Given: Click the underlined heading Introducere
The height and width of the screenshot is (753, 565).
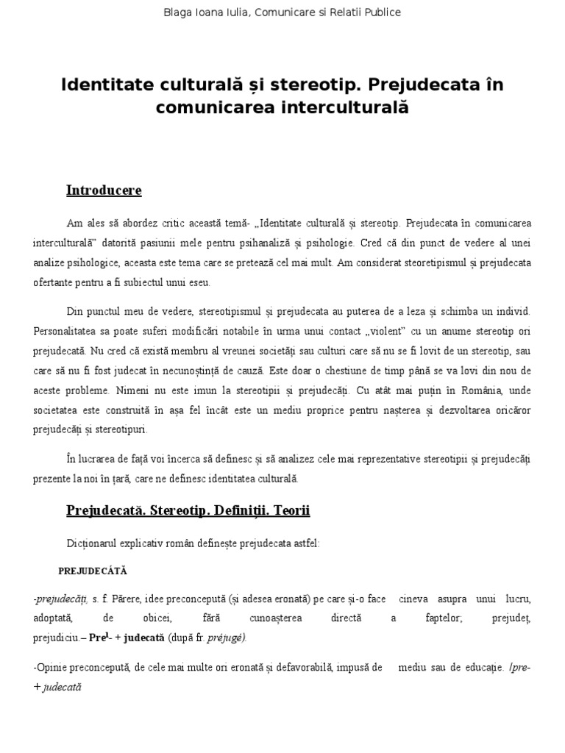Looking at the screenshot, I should pyautogui.click(x=104, y=190).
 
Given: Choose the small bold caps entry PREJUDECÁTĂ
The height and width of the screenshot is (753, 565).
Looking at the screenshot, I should pyautogui.click(x=93, y=570).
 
